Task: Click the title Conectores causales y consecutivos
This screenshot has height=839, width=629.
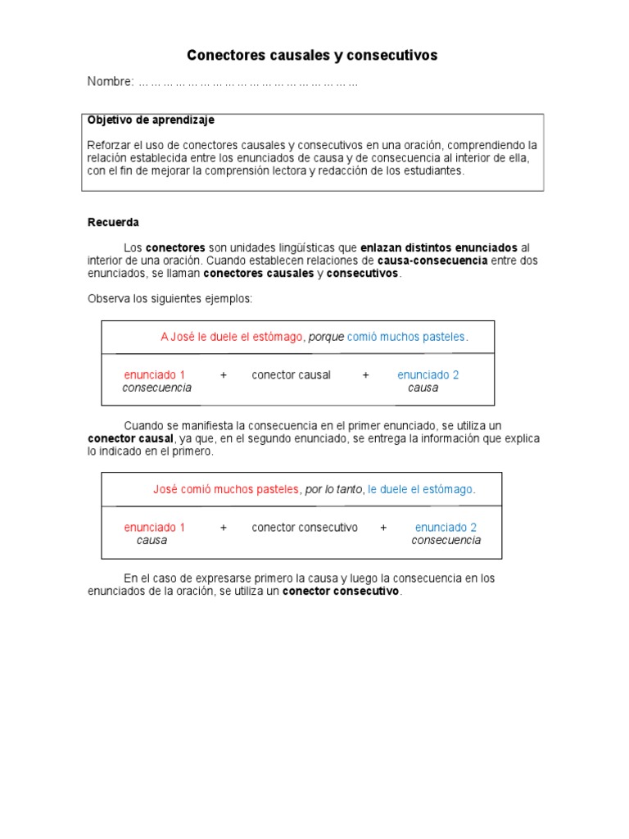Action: coord(312,56)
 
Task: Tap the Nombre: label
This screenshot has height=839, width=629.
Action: coord(111,82)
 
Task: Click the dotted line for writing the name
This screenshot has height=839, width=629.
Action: coord(248,83)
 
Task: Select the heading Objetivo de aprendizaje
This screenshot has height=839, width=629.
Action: coord(151,120)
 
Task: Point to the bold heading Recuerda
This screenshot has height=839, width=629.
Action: coord(113,222)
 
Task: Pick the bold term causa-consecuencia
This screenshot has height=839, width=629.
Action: coord(432,261)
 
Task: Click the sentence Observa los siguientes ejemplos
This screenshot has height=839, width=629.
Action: coord(170,299)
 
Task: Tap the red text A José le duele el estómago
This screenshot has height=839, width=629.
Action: coord(232,337)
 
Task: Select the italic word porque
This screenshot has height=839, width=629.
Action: coord(326,337)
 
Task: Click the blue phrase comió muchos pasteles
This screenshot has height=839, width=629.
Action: coord(407,337)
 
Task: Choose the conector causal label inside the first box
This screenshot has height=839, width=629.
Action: coord(291,375)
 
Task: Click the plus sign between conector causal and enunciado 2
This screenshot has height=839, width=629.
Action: coord(365,375)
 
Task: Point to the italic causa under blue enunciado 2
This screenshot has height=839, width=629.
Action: coord(423,388)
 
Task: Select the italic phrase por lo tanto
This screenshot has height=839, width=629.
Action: coord(333,489)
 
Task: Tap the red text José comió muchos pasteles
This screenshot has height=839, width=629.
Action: coord(226,489)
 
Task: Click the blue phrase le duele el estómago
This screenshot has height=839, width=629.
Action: coord(421,489)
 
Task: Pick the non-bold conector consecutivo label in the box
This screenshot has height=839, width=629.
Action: coord(305,528)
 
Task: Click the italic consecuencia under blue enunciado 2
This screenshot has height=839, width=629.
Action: coord(446,541)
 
